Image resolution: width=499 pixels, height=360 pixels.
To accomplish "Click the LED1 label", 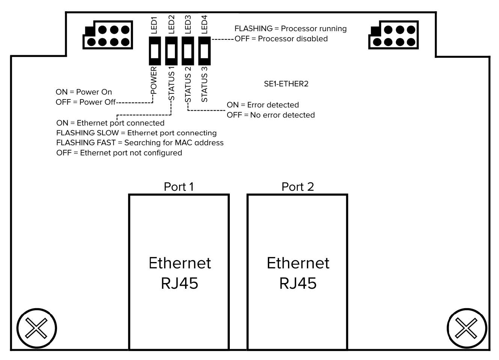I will pyautogui.click(x=154, y=25).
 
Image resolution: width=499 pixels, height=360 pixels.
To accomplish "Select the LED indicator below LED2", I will pyautogui.click(x=171, y=50).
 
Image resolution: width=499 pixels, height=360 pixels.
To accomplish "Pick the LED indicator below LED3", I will pyautogui.click(x=188, y=50).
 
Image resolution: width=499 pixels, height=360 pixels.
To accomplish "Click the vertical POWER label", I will pyautogui.click(x=154, y=80).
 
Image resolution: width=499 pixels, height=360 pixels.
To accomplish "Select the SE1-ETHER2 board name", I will pyautogui.click(x=286, y=84).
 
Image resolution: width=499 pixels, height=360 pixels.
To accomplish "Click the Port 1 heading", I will pyautogui.click(x=179, y=187).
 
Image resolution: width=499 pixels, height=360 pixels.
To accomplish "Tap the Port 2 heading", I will pyautogui.click(x=297, y=187).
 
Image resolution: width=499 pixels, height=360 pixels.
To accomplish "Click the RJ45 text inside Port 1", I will pyautogui.click(x=179, y=283).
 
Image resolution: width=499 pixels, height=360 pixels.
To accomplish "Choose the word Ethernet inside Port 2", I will pyautogui.click(x=298, y=263).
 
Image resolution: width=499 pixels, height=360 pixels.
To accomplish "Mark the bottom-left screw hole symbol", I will pyautogui.click(x=36, y=328).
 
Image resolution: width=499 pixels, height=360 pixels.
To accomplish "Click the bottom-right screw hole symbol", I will pyautogui.click(x=466, y=328).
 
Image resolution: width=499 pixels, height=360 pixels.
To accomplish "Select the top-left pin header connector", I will pyautogui.click(x=108, y=35).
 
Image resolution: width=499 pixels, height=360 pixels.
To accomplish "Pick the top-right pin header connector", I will pyautogui.click(x=393, y=35).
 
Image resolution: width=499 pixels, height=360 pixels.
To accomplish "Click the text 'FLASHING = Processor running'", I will pyautogui.click(x=291, y=29).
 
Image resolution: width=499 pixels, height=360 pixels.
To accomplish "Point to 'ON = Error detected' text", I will pyautogui.click(x=263, y=105).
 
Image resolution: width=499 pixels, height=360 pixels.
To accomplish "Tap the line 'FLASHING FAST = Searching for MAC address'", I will pyautogui.click(x=140, y=143).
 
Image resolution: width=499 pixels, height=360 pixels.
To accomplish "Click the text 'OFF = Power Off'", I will pyautogui.click(x=86, y=102).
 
